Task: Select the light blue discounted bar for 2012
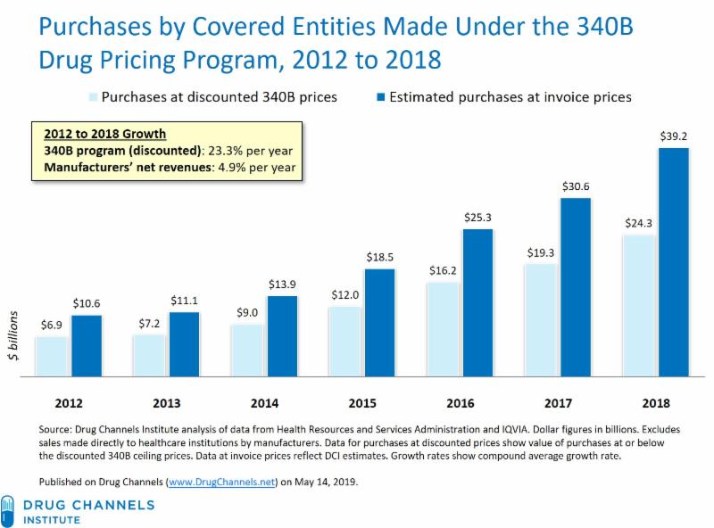click(x=50, y=356)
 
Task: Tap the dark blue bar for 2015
click(x=379, y=322)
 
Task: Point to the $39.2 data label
click(x=674, y=136)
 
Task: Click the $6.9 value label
click(x=51, y=326)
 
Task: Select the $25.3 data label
click(x=478, y=217)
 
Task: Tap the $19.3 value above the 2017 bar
click(x=539, y=252)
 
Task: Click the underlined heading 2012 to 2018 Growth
click(x=105, y=134)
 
